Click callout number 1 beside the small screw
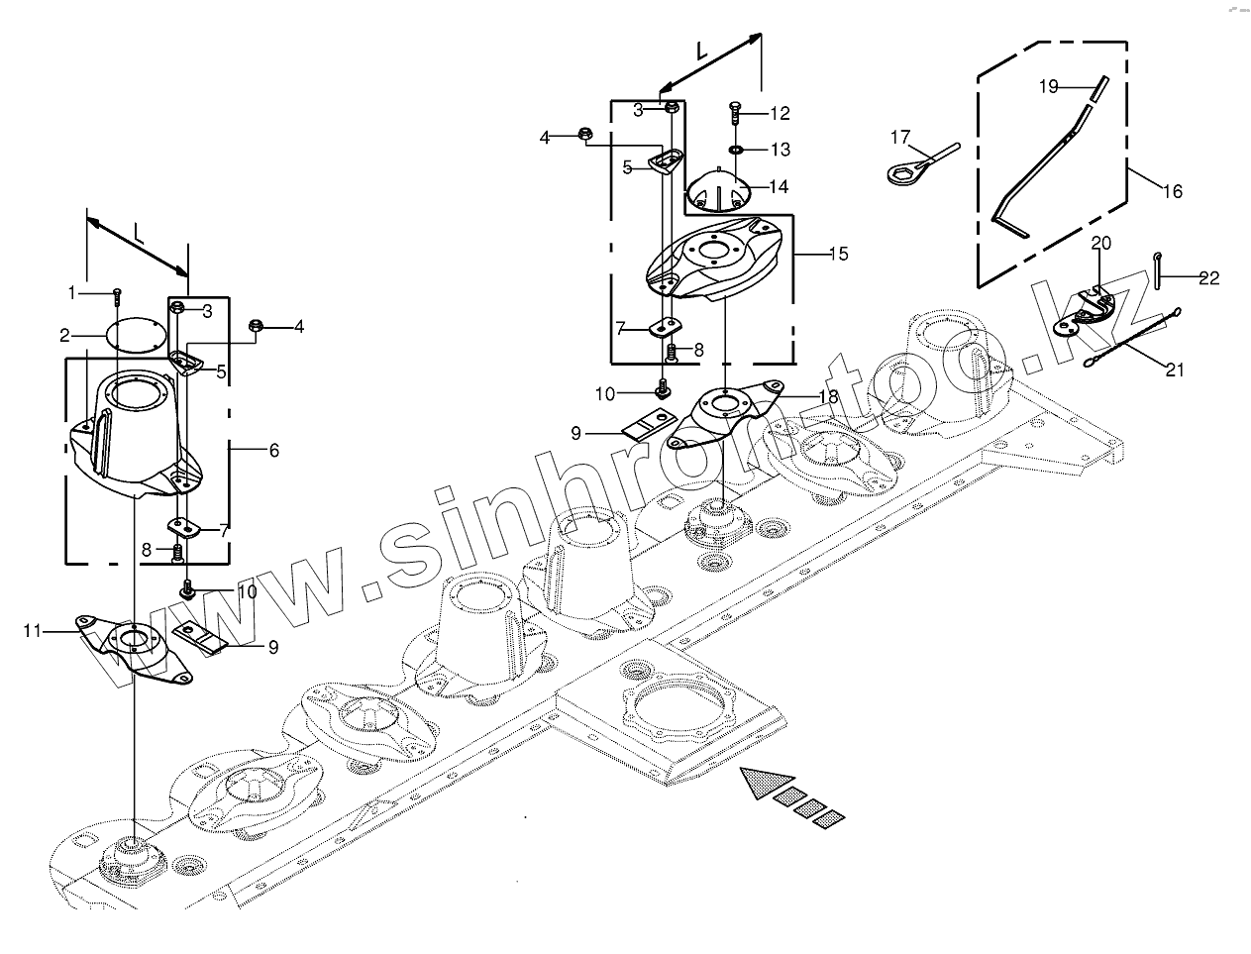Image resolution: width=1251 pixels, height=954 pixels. point(71,292)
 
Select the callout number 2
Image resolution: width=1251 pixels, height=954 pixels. point(64,334)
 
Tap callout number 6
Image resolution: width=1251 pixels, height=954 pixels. point(273,451)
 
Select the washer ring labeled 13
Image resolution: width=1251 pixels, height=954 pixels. point(736,150)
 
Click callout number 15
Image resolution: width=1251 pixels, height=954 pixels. point(838,255)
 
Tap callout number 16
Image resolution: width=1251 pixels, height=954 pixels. point(1172,192)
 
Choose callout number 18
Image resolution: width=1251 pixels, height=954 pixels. point(829,396)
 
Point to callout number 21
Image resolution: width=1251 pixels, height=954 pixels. point(1174,371)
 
